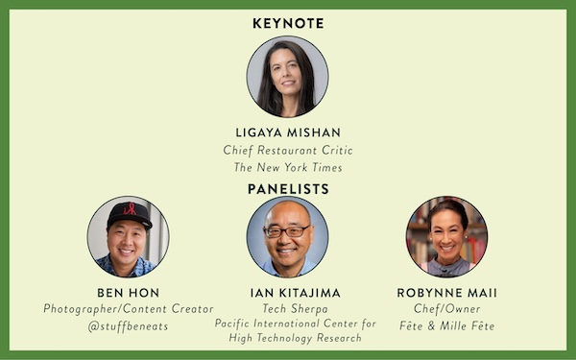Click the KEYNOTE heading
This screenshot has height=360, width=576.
point(288,23)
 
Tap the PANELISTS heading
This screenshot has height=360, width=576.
point(288,189)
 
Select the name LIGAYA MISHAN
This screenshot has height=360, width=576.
point(288,132)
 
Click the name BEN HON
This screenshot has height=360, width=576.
point(129,293)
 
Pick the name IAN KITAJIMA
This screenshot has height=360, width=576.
point(296,293)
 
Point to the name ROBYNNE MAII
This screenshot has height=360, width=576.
point(446,293)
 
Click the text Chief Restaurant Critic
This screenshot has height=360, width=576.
point(288,151)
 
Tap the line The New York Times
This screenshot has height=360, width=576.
point(288,167)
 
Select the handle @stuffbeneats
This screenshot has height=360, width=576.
point(128,326)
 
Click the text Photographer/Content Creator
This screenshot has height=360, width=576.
point(129,309)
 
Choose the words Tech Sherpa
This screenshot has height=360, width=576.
point(296,309)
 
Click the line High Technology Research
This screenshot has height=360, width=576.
point(296,338)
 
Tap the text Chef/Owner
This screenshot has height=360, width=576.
point(446,309)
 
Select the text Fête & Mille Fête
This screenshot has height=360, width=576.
point(446,325)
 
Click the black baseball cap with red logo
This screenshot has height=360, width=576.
point(130,215)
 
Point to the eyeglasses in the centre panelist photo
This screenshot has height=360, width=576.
point(287,231)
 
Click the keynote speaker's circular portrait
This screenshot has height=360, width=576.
point(288,77)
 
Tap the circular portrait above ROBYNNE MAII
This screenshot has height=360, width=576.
point(446,236)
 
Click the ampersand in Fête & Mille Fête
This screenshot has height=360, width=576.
point(431,325)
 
